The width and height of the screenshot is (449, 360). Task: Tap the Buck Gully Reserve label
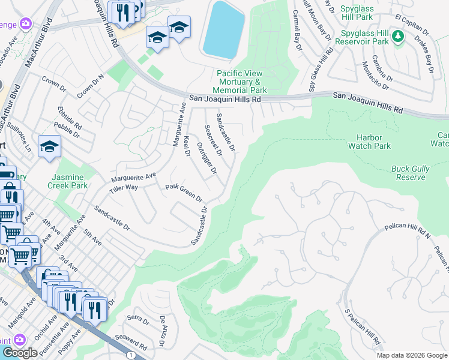coord(410,173)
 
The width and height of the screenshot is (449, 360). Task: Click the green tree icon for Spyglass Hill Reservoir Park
coord(397,37)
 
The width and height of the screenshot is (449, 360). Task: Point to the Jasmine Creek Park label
coord(70,182)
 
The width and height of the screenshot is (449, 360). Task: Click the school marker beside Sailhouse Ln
coord(49,146)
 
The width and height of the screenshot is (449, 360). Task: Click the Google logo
coord(20,353)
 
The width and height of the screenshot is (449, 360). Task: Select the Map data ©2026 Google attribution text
coord(412,355)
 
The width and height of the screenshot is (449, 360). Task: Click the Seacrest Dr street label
coord(214,140)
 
